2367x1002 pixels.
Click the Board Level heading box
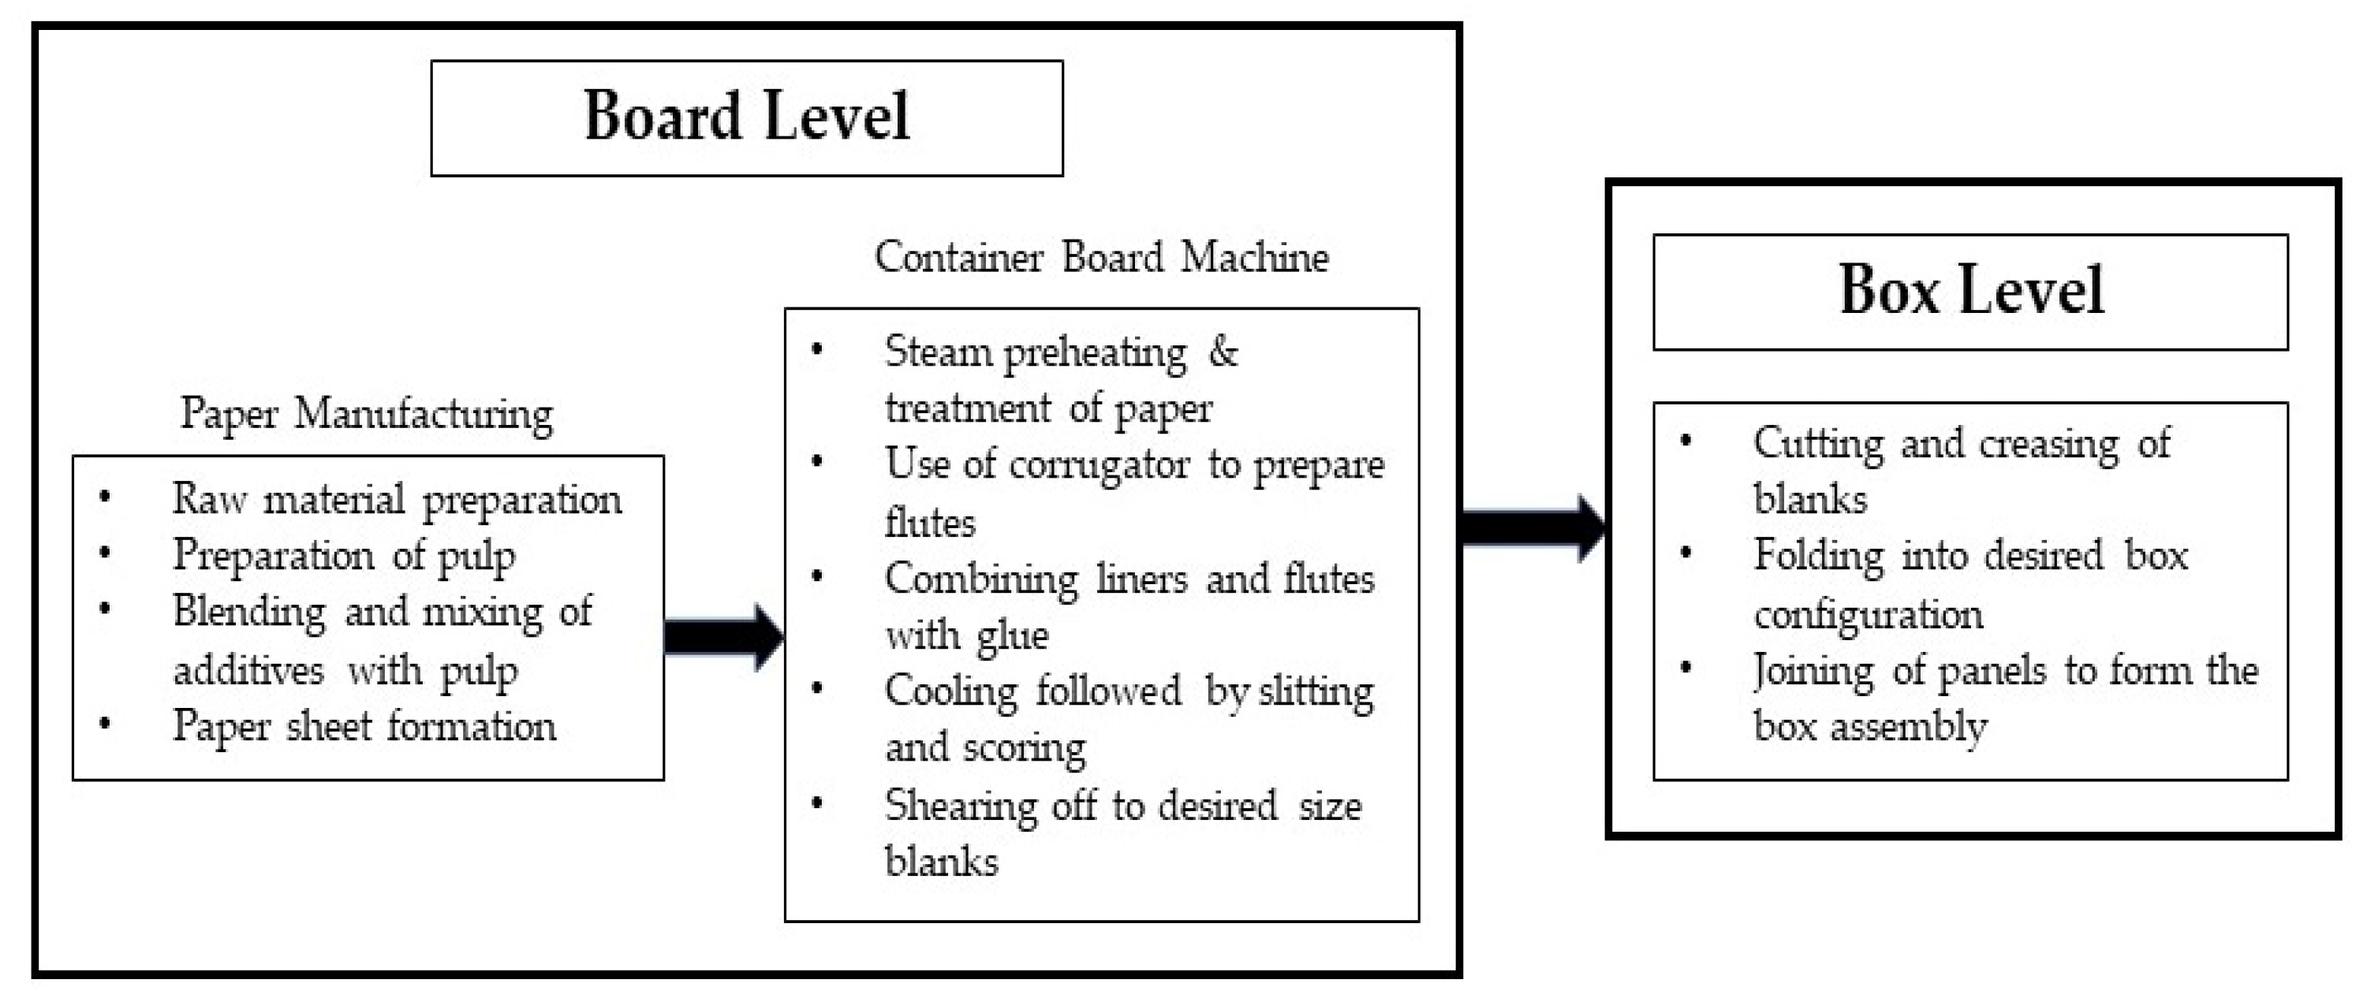pos(746,117)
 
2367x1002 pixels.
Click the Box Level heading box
pos(1969,291)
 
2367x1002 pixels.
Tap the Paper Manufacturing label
pos(366,413)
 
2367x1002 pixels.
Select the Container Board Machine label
pos(1101,257)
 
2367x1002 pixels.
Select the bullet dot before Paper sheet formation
pos(105,724)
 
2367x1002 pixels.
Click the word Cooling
pos(951,691)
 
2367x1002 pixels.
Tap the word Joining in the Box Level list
pos(1812,670)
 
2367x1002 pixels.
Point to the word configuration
pos(1867,614)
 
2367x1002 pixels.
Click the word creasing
pos(2048,445)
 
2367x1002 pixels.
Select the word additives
pos(248,670)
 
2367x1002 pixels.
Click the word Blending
pos(248,612)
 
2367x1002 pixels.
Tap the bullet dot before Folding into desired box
pos(1686,553)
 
